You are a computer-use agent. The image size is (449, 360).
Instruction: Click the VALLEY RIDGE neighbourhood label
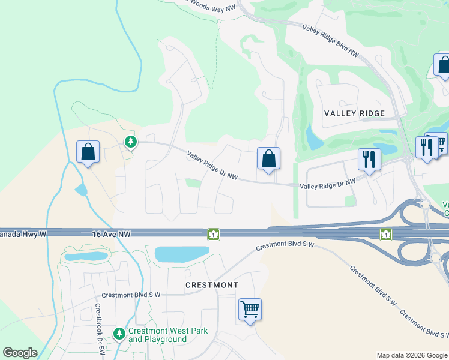354,113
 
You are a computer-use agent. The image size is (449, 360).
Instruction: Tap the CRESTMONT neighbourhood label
212,285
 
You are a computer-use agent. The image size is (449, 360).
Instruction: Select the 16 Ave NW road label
112,234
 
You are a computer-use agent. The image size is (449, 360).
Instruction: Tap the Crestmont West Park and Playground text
158,335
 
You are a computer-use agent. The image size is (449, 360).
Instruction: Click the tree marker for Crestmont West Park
119,332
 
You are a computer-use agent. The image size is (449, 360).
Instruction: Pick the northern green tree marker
130,142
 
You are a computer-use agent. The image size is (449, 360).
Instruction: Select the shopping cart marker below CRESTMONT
250,310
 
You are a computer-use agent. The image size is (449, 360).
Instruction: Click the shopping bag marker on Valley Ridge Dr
269,158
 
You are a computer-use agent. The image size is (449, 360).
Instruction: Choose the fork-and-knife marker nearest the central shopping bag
369,159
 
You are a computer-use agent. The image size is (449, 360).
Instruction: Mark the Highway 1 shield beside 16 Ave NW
213,234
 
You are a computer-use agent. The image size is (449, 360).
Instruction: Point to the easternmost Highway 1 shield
385,234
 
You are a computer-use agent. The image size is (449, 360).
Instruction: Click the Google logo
20,353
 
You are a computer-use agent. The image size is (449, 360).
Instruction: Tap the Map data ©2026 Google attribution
411,355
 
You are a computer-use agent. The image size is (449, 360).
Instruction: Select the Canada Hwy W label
23,233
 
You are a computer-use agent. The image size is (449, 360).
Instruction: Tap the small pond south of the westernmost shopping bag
80,190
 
